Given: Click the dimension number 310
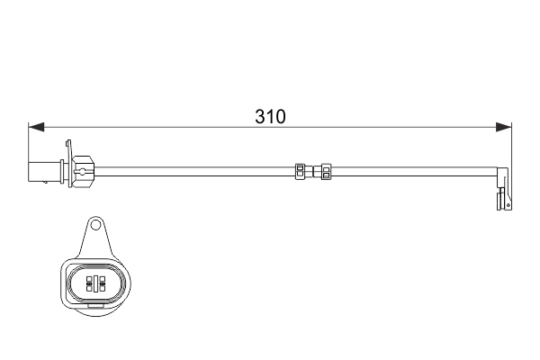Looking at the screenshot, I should (270, 117).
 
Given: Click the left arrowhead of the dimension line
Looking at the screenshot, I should (34, 127).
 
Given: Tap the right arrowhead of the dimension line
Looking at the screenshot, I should (505, 127).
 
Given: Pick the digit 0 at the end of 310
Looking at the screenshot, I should (281, 117).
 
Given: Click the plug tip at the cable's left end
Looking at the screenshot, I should (41, 168).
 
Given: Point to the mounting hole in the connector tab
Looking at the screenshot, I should (95, 226).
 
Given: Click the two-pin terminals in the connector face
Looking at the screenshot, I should (95, 284).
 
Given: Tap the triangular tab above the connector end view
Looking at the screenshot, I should (95, 238).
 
